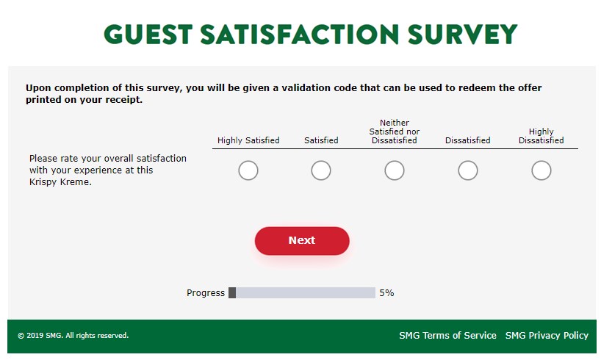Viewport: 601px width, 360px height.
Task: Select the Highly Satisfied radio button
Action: [x=248, y=170]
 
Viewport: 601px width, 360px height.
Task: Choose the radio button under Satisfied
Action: [x=321, y=170]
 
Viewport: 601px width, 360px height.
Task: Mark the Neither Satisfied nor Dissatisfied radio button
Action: [x=395, y=170]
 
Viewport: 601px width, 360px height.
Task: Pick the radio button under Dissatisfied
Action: [x=467, y=170]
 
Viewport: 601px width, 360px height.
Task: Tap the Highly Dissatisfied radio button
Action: [x=541, y=170]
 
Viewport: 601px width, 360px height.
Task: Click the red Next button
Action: [x=302, y=241]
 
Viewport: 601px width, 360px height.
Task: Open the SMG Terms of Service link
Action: [x=447, y=336]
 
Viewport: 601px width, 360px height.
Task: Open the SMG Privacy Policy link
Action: [x=547, y=336]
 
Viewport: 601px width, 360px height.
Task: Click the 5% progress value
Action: [x=386, y=293]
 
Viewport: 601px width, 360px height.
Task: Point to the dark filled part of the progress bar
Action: [x=232, y=292]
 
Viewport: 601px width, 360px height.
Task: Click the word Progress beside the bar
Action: [x=206, y=293]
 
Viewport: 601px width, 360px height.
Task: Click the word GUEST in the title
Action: [x=148, y=34]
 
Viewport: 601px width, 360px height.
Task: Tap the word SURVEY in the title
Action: [x=463, y=34]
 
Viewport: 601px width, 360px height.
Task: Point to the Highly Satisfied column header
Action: [x=248, y=140]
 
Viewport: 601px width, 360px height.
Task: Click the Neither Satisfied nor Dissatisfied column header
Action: [x=395, y=132]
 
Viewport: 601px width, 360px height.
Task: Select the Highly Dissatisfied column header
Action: [x=541, y=136]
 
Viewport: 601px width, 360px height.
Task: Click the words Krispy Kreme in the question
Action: [x=60, y=182]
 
